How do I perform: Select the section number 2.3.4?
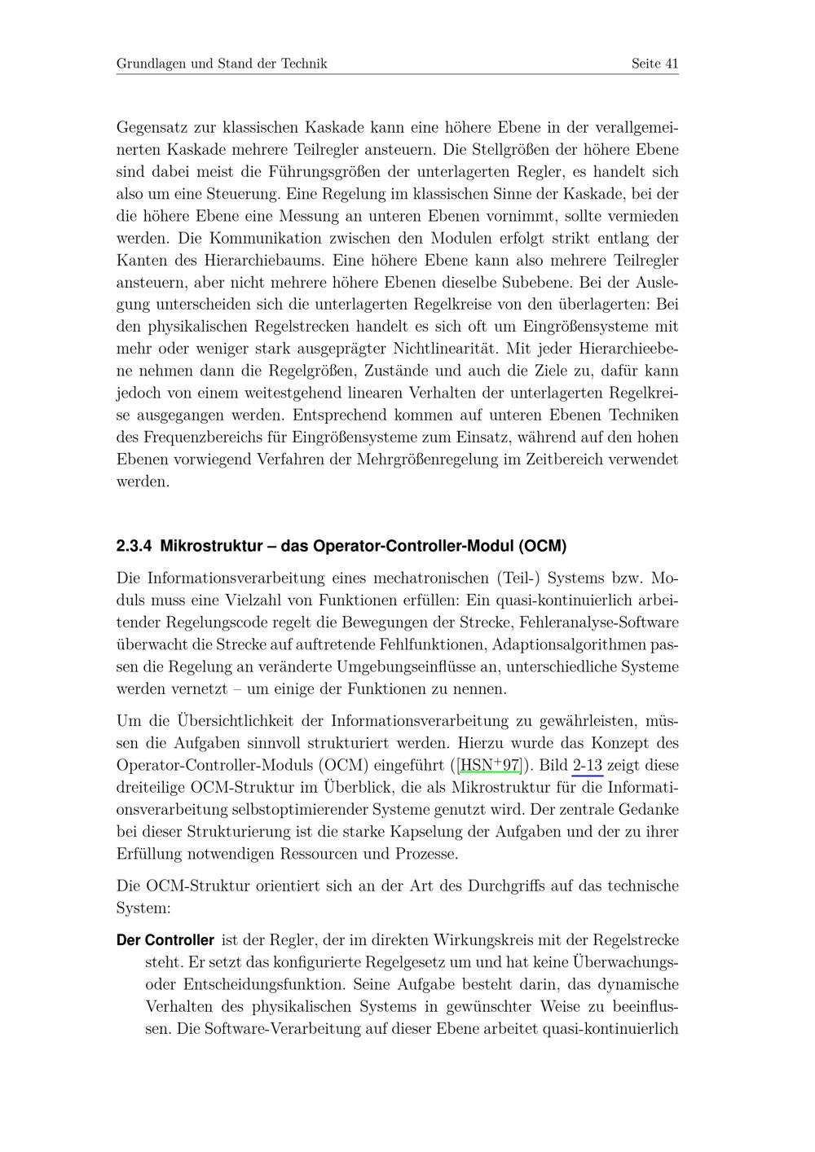point(134,545)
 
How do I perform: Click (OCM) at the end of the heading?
point(542,545)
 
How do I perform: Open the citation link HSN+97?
point(490,766)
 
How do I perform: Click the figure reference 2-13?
point(588,766)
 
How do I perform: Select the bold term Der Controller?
point(165,940)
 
